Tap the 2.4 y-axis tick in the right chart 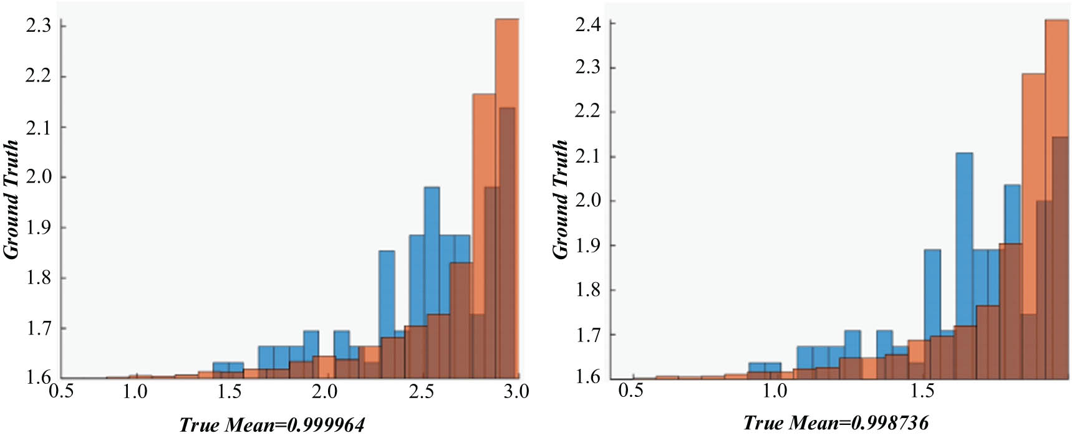pos(588,24)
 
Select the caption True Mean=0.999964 pos(272,425)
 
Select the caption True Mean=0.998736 pos(836,423)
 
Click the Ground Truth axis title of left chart pos(11,199)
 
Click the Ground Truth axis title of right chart pos(561,199)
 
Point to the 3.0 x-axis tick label pos(515,391)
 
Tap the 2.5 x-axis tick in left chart pos(421,391)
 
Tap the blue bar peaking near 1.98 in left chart pos(432,249)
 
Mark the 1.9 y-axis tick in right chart pos(588,245)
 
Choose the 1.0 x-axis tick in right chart pos(775,391)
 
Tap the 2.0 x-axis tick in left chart pos(325,391)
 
